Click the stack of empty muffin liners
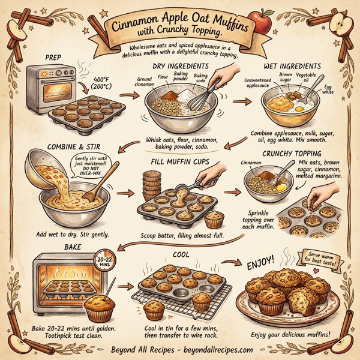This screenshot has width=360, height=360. pyautogui.click(x=152, y=185)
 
